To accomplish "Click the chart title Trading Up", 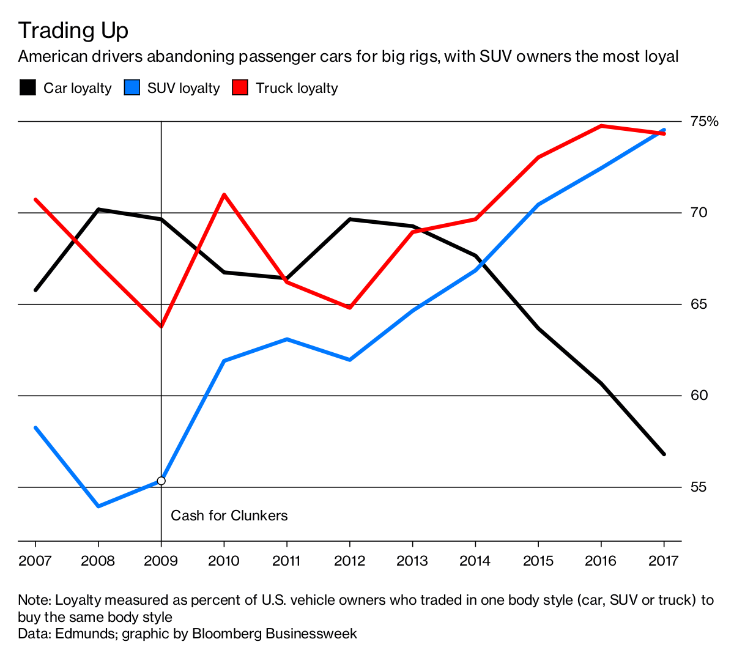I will click(73, 30).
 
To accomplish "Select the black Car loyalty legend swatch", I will click(28, 88).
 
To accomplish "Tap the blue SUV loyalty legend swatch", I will click(132, 88).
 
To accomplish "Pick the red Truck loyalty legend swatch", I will click(240, 88).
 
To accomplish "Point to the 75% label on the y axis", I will click(704, 121).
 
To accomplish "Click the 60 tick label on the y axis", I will click(699, 395).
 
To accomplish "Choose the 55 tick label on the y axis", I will click(699, 487).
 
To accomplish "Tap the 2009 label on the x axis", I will click(161, 561).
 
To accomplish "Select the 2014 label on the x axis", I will click(475, 561).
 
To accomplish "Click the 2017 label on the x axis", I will click(664, 561).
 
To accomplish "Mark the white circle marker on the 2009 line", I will click(161, 481).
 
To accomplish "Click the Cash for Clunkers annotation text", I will click(229, 515).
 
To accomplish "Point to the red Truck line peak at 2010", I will click(224, 194).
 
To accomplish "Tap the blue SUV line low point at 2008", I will click(98, 506).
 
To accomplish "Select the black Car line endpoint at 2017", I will click(664, 454).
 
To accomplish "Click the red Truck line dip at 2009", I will click(161, 327).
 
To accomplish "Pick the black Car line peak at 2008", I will click(98, 209).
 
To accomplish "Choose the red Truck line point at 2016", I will click(601, 126).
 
